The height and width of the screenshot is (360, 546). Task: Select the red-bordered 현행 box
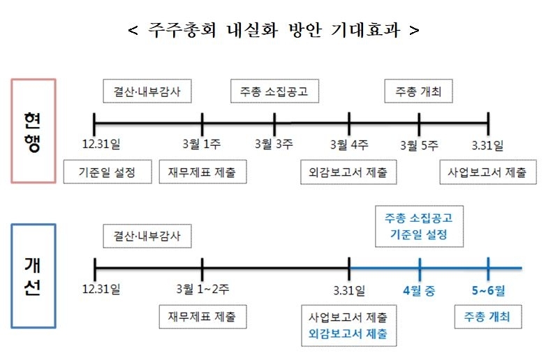click(34, 130)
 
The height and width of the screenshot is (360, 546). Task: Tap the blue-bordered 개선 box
click(34, 276)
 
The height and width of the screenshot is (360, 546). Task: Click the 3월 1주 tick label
click(202, 144)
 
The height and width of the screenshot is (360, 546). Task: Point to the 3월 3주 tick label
click(274, 144)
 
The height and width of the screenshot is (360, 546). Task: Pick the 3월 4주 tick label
click(349, 144)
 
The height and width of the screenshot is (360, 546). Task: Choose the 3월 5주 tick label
click(419, 145)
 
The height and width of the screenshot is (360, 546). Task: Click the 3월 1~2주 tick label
click(202, 289)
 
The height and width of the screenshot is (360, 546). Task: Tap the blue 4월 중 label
click(419, 290)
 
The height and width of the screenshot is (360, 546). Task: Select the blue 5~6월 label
click(488, 290)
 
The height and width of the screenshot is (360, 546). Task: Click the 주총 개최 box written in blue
click(488, 317)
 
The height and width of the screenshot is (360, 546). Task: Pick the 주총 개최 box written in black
click(418, 91)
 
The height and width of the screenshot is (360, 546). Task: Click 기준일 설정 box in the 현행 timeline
click(108, 172)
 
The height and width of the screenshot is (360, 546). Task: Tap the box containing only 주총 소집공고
click(274, 91)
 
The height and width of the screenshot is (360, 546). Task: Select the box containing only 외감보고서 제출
click(348, 172)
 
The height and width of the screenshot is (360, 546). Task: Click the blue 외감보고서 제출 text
click(348, 334)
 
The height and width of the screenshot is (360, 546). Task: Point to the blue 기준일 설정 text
click(418, 234)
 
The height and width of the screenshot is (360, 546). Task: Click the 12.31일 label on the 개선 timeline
click(101, 289)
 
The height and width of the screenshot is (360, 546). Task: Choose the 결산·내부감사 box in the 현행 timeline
click(147, 91)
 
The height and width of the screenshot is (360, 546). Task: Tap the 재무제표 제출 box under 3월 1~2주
click(202, 317)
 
